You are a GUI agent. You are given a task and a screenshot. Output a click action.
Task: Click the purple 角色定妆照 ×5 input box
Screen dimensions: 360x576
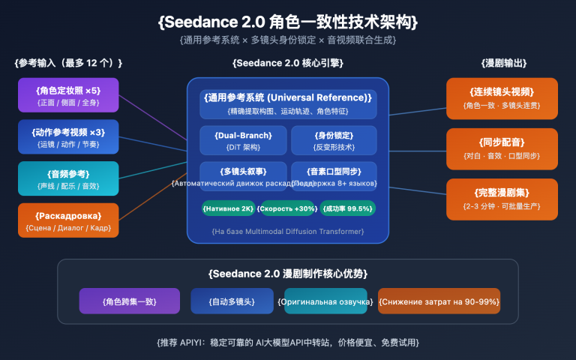[68, 95]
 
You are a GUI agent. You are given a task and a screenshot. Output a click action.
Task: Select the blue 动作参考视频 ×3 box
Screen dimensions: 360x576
[68, 136]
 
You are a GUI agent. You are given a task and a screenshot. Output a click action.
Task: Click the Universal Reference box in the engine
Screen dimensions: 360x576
[288, 104]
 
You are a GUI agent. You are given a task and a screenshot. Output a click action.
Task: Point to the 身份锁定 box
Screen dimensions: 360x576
[333, 140]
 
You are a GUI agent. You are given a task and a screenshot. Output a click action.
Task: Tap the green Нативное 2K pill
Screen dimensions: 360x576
[229, 208]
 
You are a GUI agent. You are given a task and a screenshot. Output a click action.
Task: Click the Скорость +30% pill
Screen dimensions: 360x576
[287, 208]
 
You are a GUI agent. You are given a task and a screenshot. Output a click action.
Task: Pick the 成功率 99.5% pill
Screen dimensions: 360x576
[347, 208]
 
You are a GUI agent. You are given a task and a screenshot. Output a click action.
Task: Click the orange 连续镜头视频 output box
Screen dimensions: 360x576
[502, 98]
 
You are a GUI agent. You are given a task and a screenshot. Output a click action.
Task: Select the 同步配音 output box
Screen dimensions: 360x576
[502, 148]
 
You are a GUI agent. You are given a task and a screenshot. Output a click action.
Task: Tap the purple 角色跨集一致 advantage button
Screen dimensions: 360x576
[129, 301]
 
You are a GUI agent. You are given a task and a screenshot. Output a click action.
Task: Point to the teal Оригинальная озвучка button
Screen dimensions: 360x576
[325, 301]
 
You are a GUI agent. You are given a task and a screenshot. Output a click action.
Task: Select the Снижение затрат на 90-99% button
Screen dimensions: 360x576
[439, 301]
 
